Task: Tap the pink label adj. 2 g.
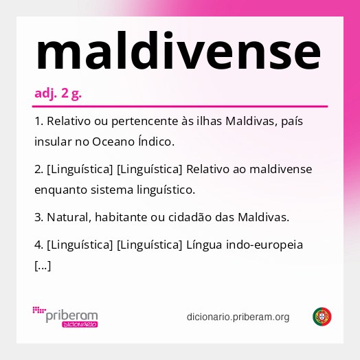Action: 58,93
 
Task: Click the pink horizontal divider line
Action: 180,106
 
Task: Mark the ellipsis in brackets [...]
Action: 42,265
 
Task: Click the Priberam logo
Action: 65,317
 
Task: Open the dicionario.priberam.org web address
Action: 238,317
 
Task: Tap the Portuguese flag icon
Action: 322,317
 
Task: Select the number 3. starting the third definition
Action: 38,217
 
